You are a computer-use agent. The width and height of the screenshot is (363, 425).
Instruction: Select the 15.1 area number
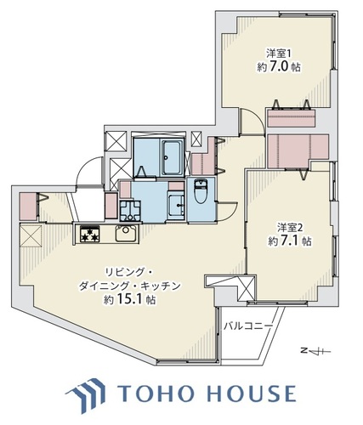coord(130,299)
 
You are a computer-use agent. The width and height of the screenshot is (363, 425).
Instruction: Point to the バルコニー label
coord(248,326)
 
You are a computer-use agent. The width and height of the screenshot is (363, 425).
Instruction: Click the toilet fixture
coord(201,191)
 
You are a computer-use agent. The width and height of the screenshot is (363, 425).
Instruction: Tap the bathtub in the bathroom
coord(172,158)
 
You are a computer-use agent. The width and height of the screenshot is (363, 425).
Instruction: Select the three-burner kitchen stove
coord(90,234)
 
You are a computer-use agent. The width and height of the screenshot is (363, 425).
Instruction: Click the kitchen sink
coord(127,234)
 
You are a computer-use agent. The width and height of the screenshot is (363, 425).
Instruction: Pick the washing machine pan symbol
coord(130,211)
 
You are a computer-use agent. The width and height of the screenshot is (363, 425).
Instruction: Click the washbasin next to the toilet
coord(177,205)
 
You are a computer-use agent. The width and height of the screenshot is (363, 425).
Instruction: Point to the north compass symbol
coord(315,351)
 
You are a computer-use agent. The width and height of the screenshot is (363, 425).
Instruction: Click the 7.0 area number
coord(281,67)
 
